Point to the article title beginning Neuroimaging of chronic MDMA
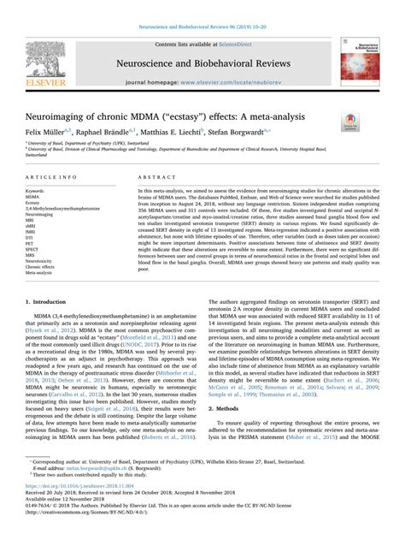175,116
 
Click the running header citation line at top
202,5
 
